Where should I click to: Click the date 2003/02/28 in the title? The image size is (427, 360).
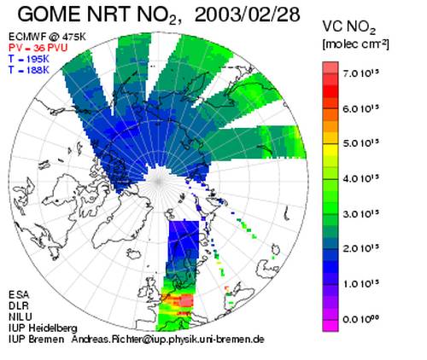click(x=247, y=15)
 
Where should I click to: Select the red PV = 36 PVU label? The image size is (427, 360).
click(x=38, y=48)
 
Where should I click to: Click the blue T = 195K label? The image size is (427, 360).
click(x=29, y=59)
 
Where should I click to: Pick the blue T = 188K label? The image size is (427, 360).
click(x=29, y=70)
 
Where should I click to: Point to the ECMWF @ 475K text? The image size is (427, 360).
click(x=47, y=37)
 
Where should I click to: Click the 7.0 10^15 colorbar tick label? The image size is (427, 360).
click(x=361, y=73)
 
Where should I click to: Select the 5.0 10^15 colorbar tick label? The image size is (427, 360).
click(x=361, y=143)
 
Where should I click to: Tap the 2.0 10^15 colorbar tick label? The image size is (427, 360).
click(x=361, y=248)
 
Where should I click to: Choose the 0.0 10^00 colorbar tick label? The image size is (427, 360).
click(x=361, y=319)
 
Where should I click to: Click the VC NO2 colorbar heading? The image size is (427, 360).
click(x=349, y=27)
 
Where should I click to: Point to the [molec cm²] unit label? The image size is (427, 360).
click(x=355, y=44)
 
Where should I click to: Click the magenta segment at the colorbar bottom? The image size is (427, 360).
click(x=330, y=326)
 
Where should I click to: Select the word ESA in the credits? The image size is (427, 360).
click(x=19, y=295)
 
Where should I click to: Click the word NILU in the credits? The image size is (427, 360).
click(x=20, y=316)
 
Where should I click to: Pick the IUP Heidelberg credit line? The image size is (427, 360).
click(x=43, y=328)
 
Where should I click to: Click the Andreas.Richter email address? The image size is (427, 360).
click(x=168, y=340)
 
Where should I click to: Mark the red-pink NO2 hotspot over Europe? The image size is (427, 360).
click(x=185, y=300)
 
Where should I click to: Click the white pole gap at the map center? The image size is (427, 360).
click(x=158, y=181)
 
